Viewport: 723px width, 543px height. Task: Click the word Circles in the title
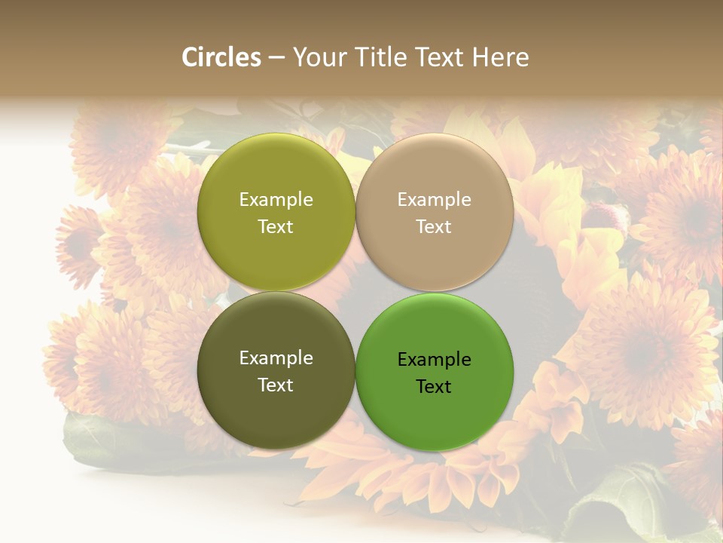[221, 57]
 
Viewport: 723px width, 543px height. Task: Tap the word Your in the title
[321, 57]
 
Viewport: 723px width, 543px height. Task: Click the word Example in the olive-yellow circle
[276, 200]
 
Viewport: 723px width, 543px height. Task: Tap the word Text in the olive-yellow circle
[276, 227]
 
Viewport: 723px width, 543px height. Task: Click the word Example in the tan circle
[435, 200]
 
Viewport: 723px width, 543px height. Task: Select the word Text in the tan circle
[435, 227]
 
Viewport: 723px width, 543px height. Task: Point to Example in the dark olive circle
[276, 358]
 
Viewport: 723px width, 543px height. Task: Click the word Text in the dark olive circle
[276, 385]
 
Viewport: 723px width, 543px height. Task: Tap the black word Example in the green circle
[435, 360]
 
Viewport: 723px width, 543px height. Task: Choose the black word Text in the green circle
[435, 387]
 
